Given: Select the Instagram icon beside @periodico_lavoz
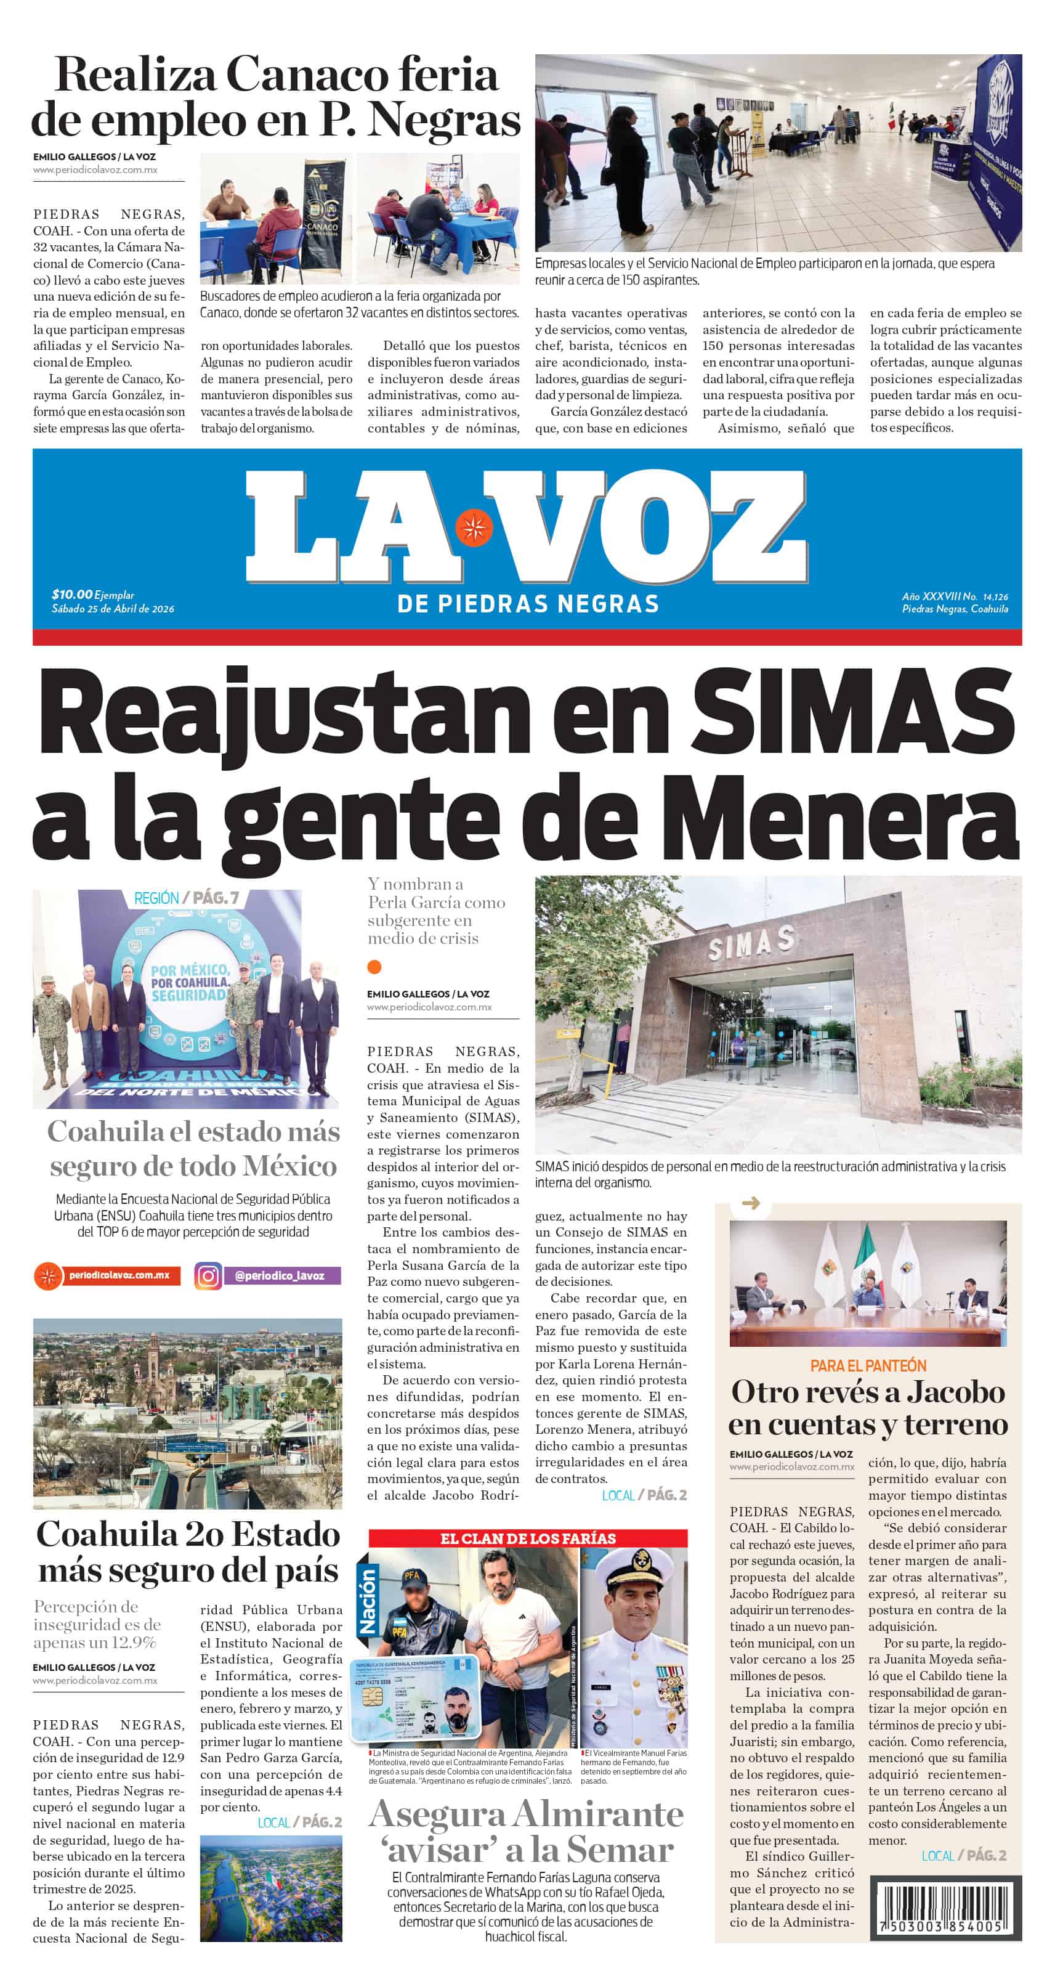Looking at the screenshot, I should tap(208, 1276).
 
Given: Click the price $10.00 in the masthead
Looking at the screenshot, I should tap(71, 594).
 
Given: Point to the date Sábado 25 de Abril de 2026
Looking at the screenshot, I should tap(113, 609).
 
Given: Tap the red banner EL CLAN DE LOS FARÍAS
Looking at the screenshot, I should tap(527, 1538).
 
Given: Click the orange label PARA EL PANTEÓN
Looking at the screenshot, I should tap(868, 1366).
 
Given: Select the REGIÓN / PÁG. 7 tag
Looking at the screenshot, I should tap(186, 898).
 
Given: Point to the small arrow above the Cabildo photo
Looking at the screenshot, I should tap(750, 1203).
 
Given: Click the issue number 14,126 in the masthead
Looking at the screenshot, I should tap(995, 597).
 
